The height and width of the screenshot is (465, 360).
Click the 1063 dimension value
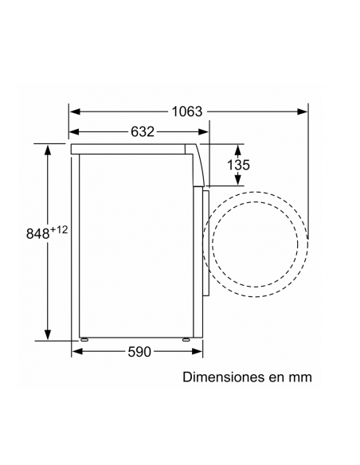pyautogui.click(x=187, y=111)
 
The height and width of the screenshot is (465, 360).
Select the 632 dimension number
pyautogui.click(x=143, y=131)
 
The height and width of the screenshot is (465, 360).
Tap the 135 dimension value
pyautogui.click(x=238, y=165)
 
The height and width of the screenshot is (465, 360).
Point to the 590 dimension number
pyautogui.click(x=139, y=352)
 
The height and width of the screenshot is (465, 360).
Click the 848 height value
pyautogui.click(x=37, y=233)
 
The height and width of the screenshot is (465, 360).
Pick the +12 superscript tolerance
pyautogui.click(x=59, y=229)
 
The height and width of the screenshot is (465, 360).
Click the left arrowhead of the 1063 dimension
pyautogui.click(x=75, y=111)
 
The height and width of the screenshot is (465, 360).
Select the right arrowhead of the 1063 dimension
pyautogui.click(x=302, y=111)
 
